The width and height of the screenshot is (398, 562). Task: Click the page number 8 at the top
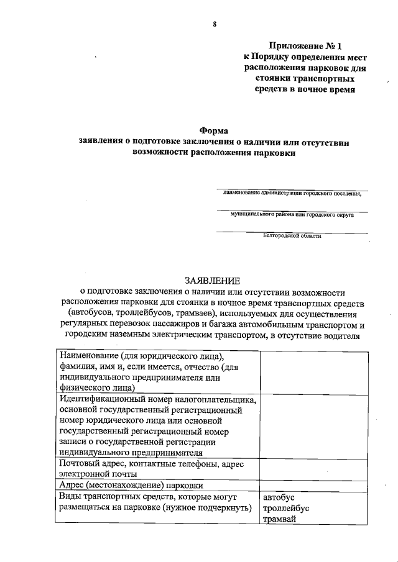point(214,24)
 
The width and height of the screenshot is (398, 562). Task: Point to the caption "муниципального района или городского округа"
point(292,214)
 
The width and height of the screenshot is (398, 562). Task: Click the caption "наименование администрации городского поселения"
point(292,193)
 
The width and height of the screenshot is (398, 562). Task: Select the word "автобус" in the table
point(279,497)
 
